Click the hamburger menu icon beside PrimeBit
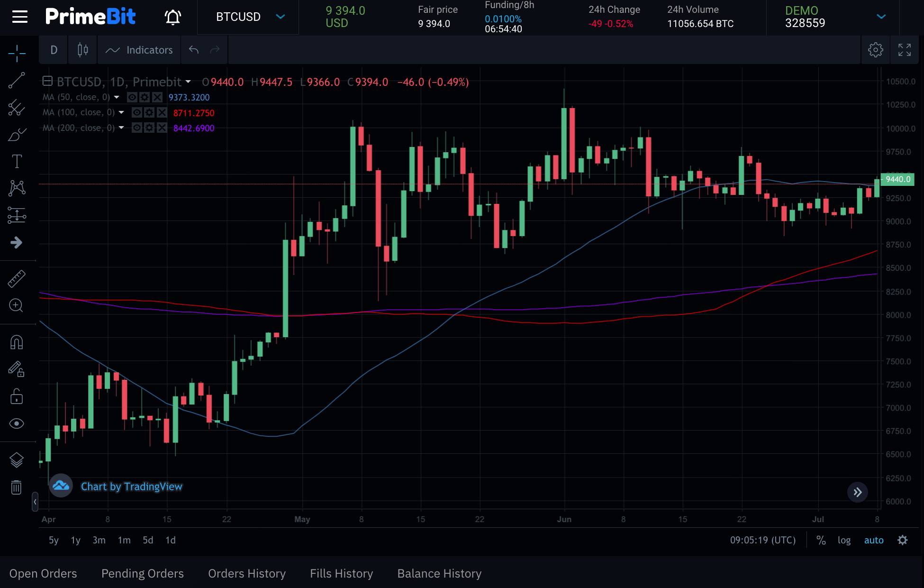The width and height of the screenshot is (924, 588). tap(20, 17)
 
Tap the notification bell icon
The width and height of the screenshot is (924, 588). tap(173, 17)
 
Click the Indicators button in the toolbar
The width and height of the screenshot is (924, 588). tap(139, 50)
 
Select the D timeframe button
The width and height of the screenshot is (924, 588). tap(54, 50)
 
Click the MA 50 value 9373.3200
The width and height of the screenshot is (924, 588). tap(189, 97)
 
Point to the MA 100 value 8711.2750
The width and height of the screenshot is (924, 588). tap(194, 113)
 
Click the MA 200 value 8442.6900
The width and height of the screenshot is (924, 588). tap(194, 128)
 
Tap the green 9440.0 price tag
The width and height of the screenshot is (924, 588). tap(897, 179)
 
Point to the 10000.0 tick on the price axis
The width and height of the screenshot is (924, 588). tap(901, 129)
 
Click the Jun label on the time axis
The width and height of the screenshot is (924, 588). tap(564, 519)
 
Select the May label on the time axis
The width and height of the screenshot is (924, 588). tap(302, 519)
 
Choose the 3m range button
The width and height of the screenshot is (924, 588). tap(99, 540)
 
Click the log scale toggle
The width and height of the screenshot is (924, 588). tap(844, 540)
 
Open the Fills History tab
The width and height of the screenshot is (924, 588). tap(341, 573)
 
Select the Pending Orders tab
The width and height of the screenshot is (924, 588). tap(143, 573)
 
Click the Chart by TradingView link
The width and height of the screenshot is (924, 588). tap(131, 487)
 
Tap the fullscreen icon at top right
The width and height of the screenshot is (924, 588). tap(904, 50)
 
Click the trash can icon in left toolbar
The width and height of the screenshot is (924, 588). tap(17, 487)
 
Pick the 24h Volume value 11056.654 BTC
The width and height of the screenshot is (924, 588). tap(700, 24)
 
